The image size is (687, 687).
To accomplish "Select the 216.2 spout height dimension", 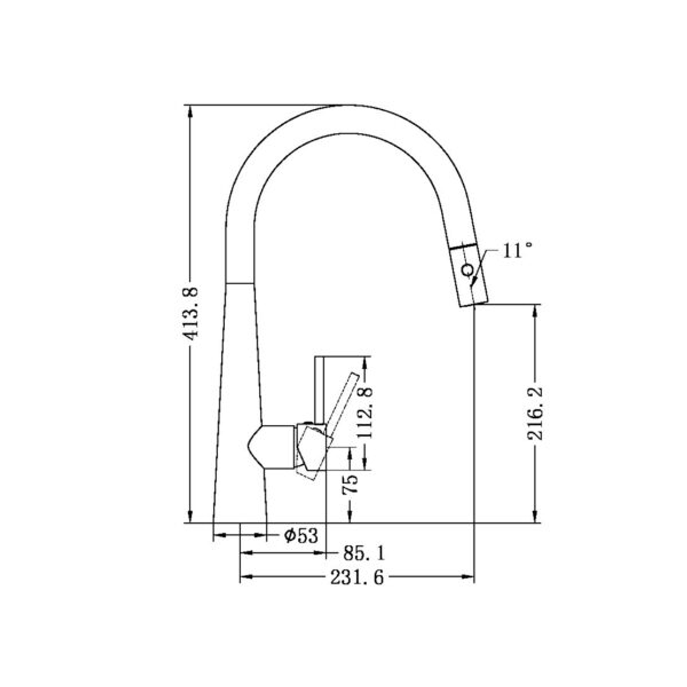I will point(535,412).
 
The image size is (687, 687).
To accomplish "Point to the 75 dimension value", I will point(349,485).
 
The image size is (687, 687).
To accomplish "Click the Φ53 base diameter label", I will point(301,536).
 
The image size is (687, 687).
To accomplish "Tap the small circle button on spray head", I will point(466,270).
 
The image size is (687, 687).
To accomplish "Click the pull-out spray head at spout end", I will point(469,277).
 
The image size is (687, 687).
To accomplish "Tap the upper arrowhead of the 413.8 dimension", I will point(189,111).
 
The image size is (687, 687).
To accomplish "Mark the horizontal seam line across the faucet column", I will point(240,282).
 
